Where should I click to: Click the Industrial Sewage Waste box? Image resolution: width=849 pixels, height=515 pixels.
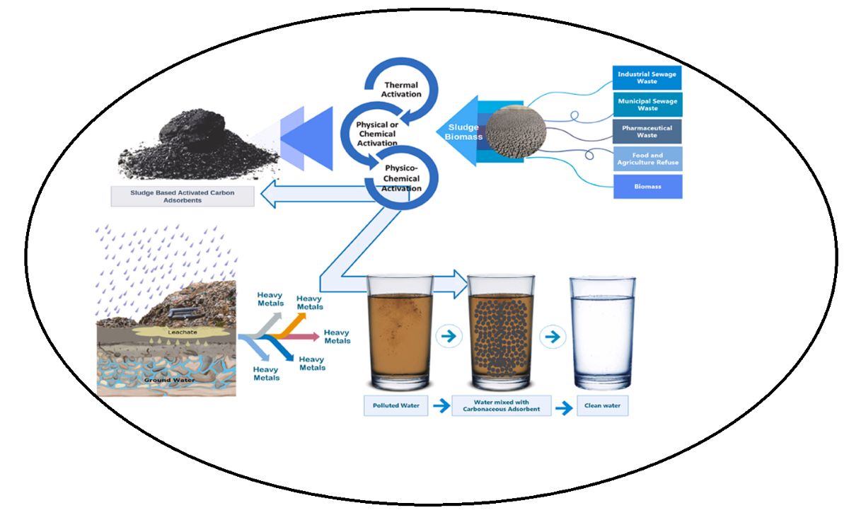click(647, 77)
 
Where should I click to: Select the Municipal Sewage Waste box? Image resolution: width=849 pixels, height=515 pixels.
click(647, 104)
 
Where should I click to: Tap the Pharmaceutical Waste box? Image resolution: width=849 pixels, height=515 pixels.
click(647, 132)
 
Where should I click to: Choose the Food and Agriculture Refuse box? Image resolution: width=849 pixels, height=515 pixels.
click(647, 159)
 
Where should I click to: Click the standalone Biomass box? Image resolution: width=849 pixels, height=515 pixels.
click(647, 187)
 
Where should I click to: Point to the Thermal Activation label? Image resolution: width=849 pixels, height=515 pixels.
click(402, 90)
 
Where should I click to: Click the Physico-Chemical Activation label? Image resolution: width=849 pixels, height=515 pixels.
click(402, 178)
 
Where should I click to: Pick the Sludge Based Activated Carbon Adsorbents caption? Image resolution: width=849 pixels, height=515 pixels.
click(182, 196)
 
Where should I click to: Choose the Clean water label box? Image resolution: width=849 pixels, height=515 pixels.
click(602, 406)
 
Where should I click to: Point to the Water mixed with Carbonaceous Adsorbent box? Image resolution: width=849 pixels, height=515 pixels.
click(502, 406)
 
